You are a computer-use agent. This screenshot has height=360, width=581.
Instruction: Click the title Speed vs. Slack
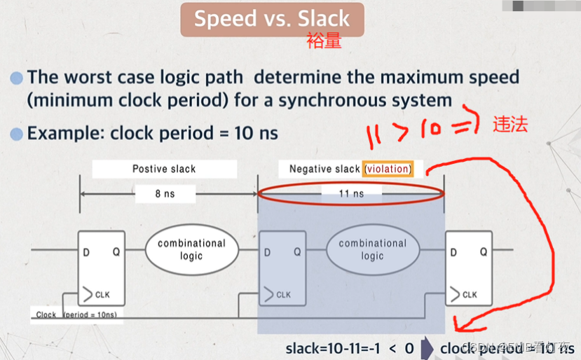point(272,19)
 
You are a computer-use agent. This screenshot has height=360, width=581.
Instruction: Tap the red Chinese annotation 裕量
point(324,42)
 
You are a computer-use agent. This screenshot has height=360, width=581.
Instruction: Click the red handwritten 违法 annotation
point(510,125)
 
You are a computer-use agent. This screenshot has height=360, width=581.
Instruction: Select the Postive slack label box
point(164,169)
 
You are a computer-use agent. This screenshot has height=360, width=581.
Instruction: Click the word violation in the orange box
point(388,169)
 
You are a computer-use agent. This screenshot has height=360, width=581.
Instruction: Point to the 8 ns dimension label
point(165,194)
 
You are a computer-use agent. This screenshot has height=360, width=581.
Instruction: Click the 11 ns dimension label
point(351,194)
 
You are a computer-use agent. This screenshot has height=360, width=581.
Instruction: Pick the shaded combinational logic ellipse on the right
point(372,249)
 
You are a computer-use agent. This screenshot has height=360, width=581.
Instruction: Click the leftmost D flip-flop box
point(102,268)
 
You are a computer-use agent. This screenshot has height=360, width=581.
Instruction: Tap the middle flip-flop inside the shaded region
point(282,268)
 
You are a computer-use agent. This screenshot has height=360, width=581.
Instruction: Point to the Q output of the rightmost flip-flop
point(484,252)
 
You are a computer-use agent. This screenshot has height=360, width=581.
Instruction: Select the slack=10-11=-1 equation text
point(339,348)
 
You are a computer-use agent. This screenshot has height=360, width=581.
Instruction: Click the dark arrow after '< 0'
point(428,348)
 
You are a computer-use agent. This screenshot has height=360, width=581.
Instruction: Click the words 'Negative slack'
point(324,169)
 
